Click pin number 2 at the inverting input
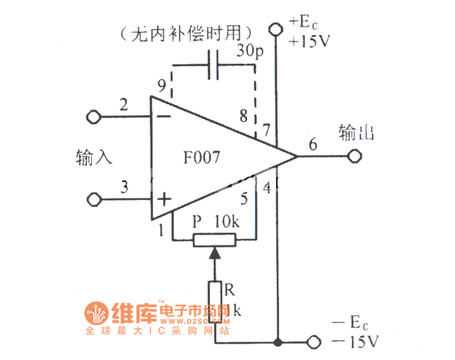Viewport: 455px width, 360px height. point(124,104)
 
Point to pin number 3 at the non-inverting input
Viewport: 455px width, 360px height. point(124,186)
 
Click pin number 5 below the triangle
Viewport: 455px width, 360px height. point(243,200)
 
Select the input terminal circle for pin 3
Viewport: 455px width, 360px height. point(94,199)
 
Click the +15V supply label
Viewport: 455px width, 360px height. point(309,42)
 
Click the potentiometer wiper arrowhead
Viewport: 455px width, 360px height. point(215,253)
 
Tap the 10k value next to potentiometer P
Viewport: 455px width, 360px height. point(227,221)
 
